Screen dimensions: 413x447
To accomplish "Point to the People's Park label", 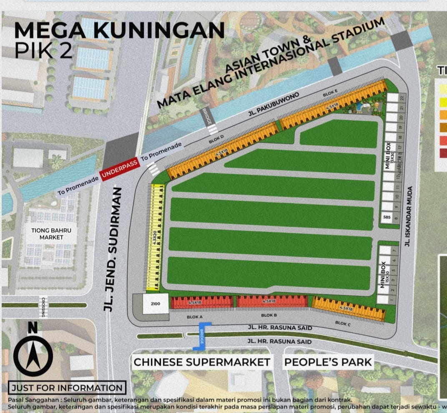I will (328, 362).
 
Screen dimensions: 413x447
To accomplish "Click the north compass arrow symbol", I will (33, 353).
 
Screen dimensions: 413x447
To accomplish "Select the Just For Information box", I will (67, 388).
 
